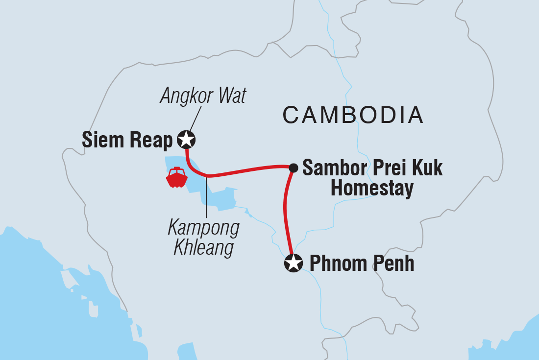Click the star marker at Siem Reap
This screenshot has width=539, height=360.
[186, 140]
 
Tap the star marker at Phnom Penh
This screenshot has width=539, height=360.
[293, 264]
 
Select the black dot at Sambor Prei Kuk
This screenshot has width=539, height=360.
[293, 168]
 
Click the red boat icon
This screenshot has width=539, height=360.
[177, 178]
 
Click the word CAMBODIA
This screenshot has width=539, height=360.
[352, 115]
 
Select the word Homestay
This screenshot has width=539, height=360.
[372, 189]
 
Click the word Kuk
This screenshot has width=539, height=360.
[427, 168]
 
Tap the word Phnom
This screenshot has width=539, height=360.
[339, 264]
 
